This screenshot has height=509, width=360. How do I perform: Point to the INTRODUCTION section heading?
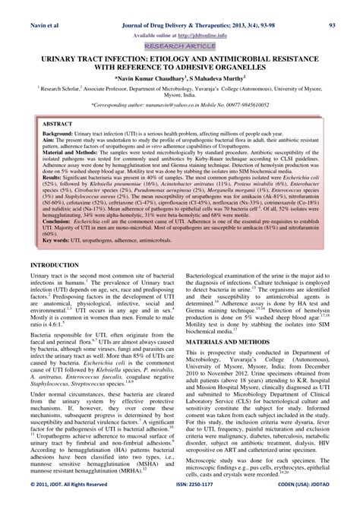(56, 244)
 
